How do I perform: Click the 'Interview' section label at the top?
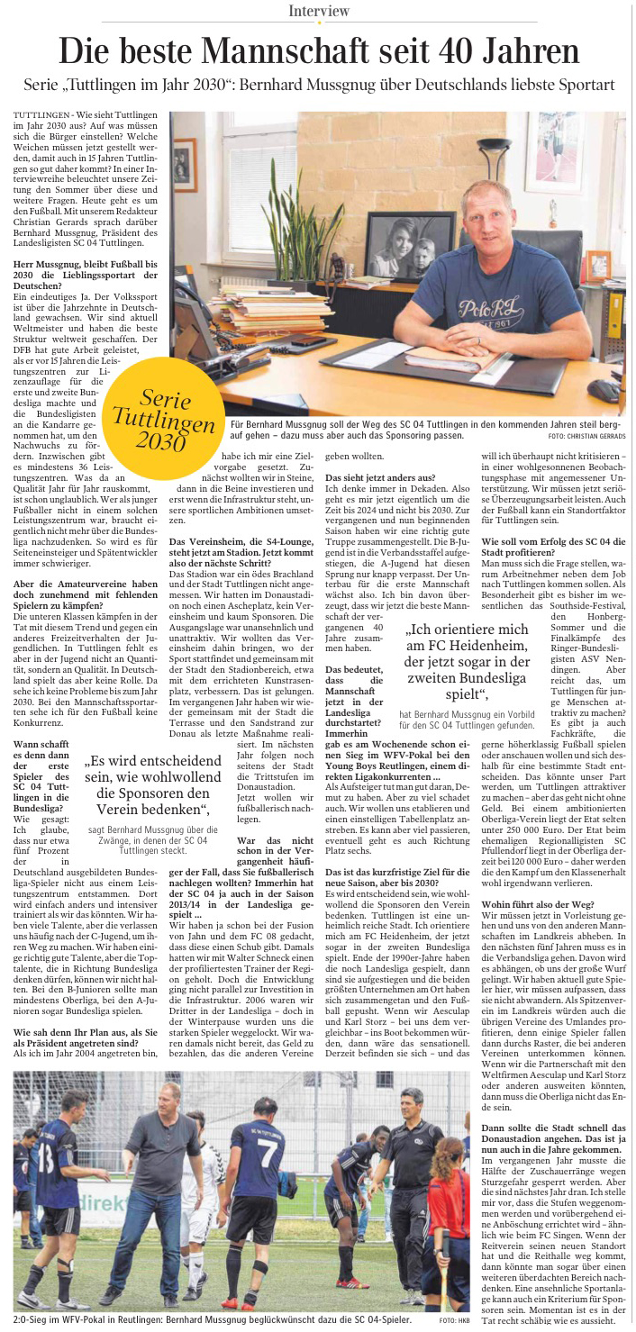pos(319,11)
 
